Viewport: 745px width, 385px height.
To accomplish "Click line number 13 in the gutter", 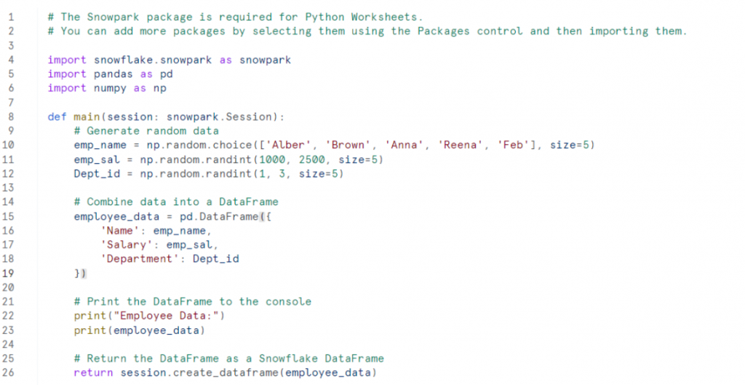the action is (x=8, y=187).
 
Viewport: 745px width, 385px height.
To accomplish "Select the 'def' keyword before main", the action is (x=57, y=116).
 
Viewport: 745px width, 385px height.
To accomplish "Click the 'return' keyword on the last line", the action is (x=93, y=373).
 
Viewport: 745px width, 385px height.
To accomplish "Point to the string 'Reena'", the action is (x=460, y=145).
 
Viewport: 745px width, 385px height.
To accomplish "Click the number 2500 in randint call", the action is (x=311, y=159).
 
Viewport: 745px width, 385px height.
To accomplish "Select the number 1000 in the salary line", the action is (x=272, y=159).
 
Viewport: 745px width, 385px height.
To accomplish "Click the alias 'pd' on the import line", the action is (x=167, y=74).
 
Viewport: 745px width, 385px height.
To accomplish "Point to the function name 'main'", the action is (x=87, y=116).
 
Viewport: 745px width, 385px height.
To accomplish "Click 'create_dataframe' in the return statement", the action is (x=226, y=373).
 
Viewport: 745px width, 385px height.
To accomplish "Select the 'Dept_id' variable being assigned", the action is (x=97, y=173).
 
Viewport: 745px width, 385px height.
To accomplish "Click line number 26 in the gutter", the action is (x=8, y=373).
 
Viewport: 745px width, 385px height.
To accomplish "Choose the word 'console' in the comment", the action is (x=288, y=301).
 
